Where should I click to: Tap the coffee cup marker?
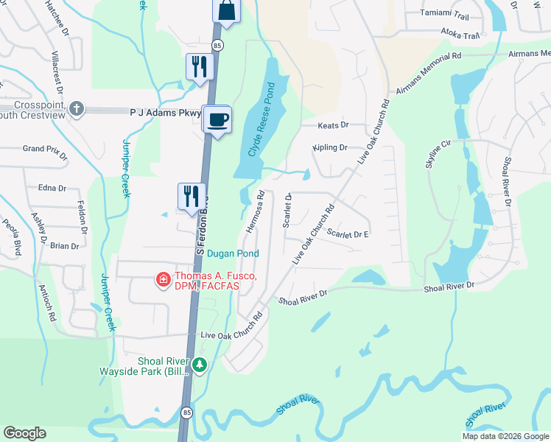click(217, 119)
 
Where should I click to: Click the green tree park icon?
click(199, 365)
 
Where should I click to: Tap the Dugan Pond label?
click(233, 253)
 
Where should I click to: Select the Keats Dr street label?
click(332, 126)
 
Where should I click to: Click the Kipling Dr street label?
click(329, 147)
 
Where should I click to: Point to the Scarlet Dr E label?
click(348, 234)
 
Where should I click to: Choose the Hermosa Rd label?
click(255, 212)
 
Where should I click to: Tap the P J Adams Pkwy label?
click(155, 113)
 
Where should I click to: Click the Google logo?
click(25, 433)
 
